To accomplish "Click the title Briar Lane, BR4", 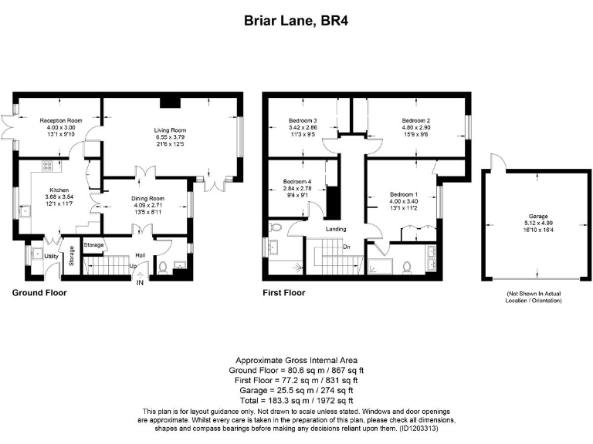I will tap(296, 22).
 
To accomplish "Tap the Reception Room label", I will tap(61, 121).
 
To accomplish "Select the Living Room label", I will tap(169, 130).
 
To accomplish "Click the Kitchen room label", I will tap(59, 189).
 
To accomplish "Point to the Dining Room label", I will tap(146, 198).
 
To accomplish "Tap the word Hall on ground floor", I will tap(141, 254).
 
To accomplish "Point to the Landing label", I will tap(335, 229).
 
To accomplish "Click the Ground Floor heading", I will tap(39, 293).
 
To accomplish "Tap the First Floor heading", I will tap(283, 293).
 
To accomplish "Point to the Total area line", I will tap(296, 400).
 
